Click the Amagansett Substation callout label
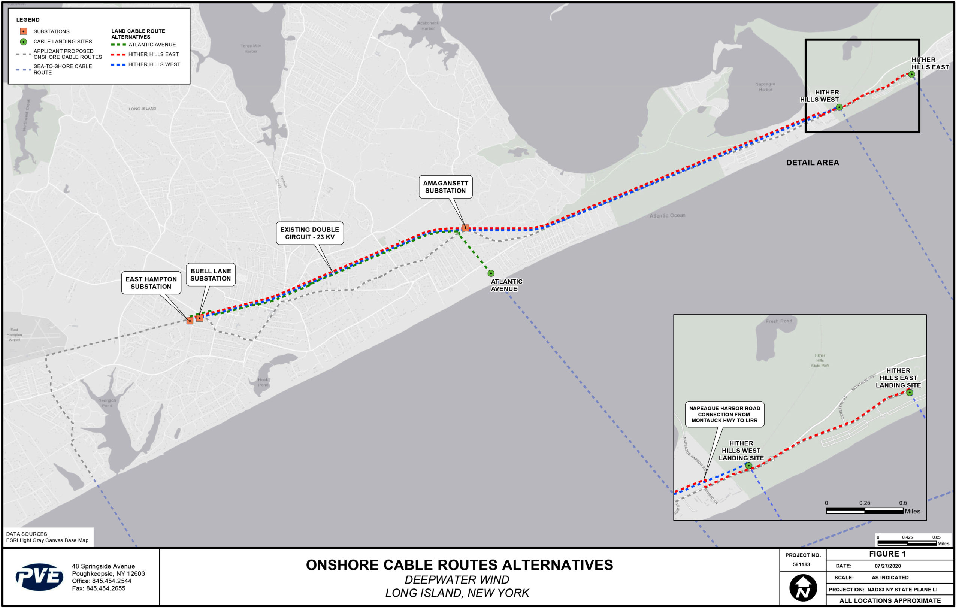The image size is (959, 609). coord(446,187)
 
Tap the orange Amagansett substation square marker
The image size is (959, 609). coord(466,228)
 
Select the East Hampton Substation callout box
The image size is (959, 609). coord(151,283)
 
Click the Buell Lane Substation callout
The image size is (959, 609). coord(211,275)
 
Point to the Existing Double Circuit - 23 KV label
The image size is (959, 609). coord(310,233)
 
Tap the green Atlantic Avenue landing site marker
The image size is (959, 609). coord(491,273)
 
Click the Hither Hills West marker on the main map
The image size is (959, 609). coord(839,107)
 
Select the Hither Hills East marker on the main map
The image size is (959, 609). coord(911,75)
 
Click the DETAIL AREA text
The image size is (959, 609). coord(813,163)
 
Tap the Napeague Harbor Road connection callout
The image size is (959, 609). coord(725,414)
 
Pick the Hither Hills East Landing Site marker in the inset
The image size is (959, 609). coord(910,393)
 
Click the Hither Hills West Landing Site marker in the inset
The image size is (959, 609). coord(749,466)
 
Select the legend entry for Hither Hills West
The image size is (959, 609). coord(154,64)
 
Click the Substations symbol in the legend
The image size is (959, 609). coord(24,31)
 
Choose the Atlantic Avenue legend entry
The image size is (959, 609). coord(152,45)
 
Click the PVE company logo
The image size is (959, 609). coord(39,577)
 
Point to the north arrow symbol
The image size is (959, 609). coord(803,588)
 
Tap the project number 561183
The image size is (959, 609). coord(801,564)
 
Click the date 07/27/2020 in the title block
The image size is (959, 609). coord(888,566)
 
